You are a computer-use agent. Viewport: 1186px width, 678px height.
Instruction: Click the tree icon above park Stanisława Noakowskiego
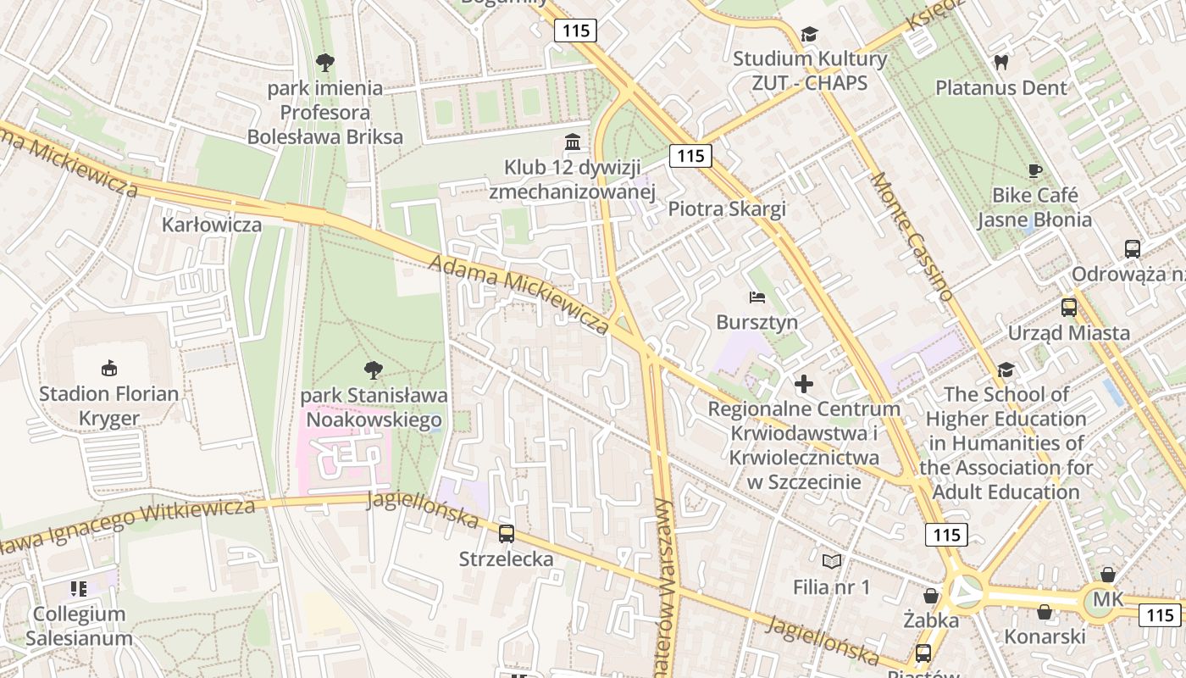coord(372,370)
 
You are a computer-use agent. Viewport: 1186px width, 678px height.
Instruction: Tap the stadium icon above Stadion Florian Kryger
coord(108,368)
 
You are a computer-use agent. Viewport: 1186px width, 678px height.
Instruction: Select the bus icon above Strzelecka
coord(507,533)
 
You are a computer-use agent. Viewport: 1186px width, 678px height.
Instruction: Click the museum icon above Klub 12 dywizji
coord(573,142)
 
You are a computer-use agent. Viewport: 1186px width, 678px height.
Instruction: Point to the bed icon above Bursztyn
coord(757,297)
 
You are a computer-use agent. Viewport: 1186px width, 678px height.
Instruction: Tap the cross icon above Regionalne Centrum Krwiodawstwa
coord(804,384)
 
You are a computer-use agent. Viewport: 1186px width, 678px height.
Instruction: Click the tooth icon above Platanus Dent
coord(1000,62)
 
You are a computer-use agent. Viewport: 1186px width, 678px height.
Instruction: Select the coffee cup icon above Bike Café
coord(1034,170)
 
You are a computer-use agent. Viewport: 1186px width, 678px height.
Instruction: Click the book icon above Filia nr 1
coord(832,561)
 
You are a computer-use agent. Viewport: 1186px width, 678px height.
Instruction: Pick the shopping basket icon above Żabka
coord(931,596)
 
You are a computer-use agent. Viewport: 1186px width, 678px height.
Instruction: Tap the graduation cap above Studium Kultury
coord(809,34)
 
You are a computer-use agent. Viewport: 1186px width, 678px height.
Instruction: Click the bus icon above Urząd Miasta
coord(1069,308)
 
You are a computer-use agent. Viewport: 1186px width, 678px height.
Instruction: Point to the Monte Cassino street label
coord(913,236)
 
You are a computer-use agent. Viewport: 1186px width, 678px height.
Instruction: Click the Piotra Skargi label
coord(727,209)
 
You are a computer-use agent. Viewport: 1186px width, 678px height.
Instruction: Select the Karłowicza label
coord(212,225)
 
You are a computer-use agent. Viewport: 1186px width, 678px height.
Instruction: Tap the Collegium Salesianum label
coord(79,626)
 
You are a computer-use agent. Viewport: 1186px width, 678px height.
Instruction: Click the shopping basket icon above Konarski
coord(1045,612)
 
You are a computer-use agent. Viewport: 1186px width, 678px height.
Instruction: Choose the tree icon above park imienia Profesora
coord(324,62)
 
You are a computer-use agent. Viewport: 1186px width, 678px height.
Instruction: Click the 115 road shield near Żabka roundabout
coord(946,535)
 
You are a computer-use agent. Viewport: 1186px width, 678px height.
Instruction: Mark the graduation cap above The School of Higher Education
coord(1006,370)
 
